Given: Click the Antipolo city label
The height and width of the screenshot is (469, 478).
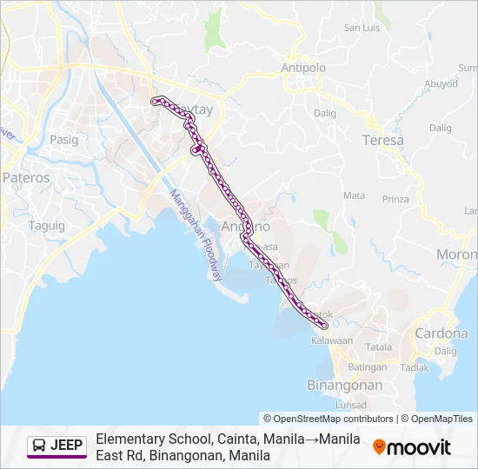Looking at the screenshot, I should click(302, 67).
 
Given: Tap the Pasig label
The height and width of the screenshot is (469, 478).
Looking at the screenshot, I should click(63, 139).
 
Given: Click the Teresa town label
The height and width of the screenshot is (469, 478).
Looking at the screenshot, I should click(383, 140).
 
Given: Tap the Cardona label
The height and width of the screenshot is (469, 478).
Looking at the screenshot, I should click(441, 333).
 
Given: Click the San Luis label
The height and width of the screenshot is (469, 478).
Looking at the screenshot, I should click(362, 28).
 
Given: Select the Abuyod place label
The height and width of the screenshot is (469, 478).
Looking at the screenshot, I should click(441, 84).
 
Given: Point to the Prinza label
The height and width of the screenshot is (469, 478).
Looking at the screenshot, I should click(395, 199).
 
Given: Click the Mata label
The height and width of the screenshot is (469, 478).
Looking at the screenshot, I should click(354, 195).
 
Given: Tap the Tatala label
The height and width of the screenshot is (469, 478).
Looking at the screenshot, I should click(379, 347).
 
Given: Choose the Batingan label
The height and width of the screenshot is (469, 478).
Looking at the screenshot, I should click(373, 367).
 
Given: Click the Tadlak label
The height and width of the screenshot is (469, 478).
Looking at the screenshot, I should click(415, 367).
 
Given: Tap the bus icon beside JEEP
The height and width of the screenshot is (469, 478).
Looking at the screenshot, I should click(40, 446).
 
